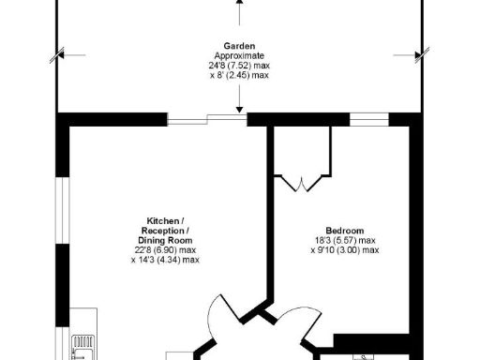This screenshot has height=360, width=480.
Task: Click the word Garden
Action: [x=240, y=46]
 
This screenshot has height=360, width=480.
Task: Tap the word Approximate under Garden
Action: [x=240, y=55]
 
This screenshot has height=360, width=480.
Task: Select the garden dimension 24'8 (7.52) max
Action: [x=240, y=66]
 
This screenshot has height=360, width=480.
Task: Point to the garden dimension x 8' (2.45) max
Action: [x=240, y=76]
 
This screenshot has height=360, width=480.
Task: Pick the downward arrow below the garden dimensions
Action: [x=241, y=103]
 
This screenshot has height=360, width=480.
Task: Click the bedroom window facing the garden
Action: [x=369, y=119]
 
